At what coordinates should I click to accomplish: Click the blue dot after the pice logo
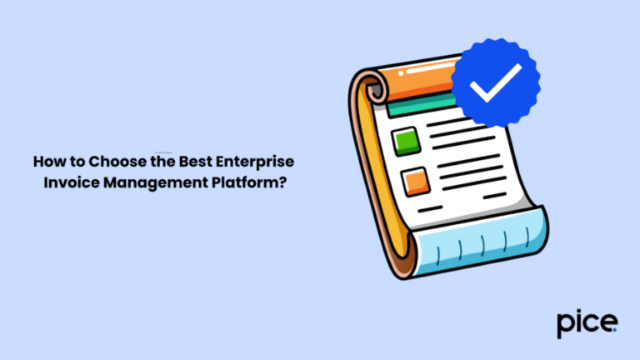615,330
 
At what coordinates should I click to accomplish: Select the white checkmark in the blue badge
494,81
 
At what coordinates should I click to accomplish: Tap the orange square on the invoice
413,180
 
